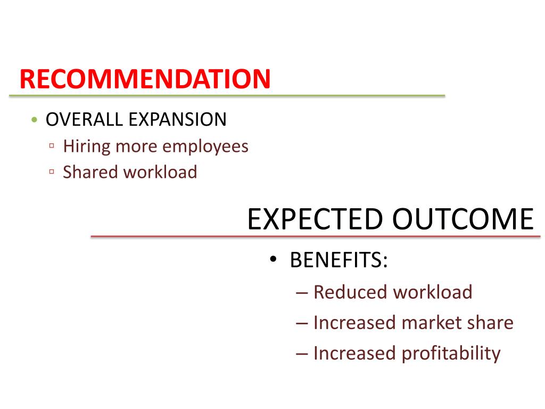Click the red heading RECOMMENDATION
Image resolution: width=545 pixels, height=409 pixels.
[x=145, y=79]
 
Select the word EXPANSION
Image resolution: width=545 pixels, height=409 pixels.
[x=177, y=119]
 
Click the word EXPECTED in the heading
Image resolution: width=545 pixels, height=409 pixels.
[x=315, y=219]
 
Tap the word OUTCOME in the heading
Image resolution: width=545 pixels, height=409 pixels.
[x=463, y=219]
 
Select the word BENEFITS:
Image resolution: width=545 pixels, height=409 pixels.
[x=338, y=261]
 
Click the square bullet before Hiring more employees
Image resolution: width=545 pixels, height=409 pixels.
[x=52, y=146]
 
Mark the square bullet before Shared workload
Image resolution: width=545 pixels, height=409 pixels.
[x=52, y=171]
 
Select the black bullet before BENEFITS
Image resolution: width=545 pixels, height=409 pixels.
[x=273, y=261]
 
